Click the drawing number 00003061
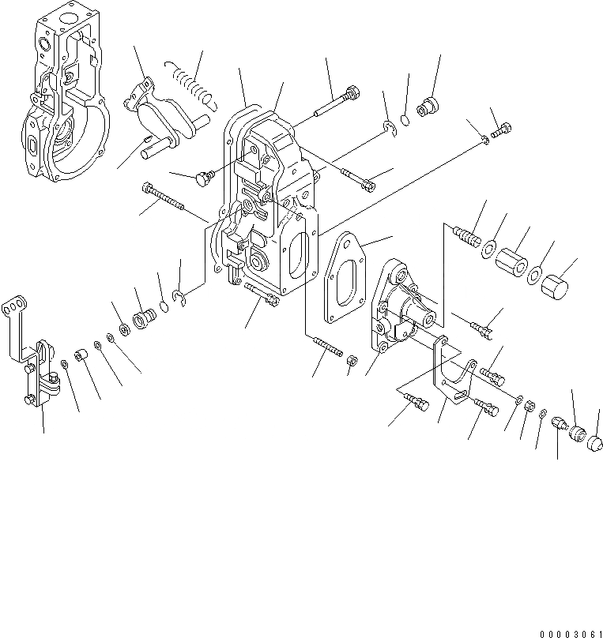coord(571,634)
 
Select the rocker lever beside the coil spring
coord(162,114)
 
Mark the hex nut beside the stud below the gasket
coord(352,361)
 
